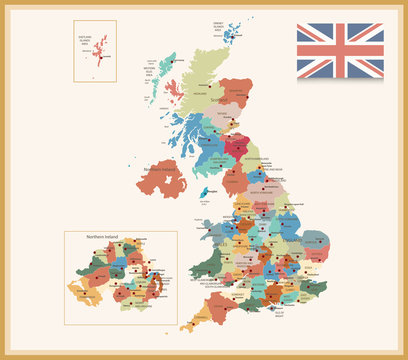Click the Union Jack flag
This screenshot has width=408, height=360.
click(340, 50)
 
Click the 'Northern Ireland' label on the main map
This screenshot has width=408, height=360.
click(166, 171)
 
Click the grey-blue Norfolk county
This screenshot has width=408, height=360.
click(317, 241)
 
